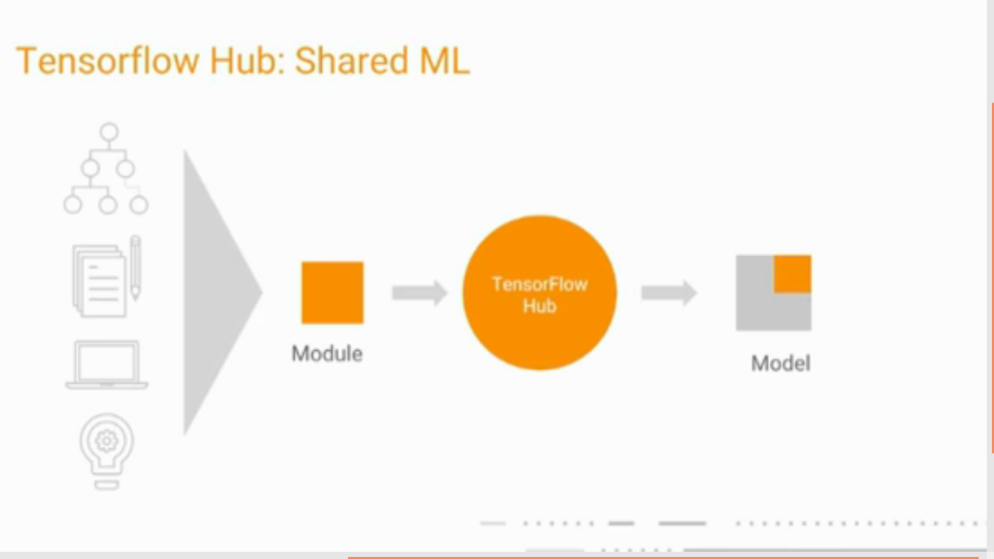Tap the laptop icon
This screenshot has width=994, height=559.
107,365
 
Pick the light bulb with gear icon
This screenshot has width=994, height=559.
107,450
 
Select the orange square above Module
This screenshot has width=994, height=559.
333,293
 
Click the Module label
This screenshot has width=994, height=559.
327,354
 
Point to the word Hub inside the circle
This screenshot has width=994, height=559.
539,306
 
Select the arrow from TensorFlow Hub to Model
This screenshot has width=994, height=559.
669,293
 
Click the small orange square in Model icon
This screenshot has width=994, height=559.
792,274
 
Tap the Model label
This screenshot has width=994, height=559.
781,363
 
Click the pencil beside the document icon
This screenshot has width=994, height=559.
135,268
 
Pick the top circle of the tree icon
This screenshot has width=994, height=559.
109,132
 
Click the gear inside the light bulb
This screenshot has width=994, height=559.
107,440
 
